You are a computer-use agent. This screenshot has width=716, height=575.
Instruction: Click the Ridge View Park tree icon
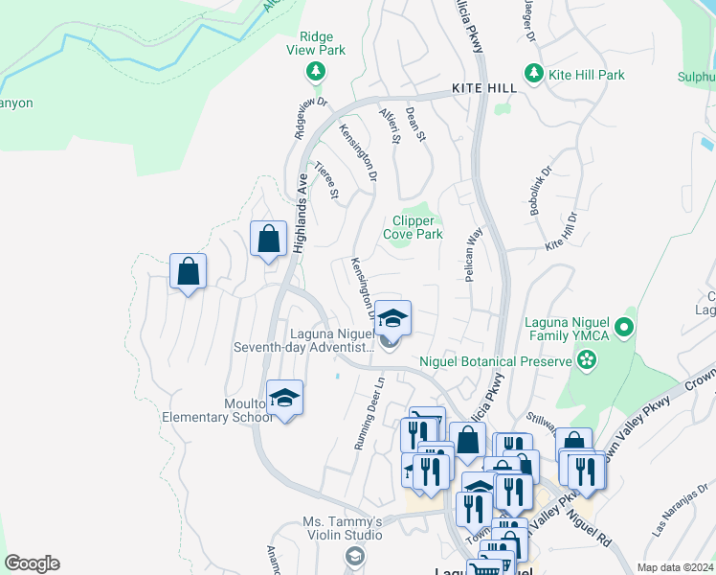pos(315,71)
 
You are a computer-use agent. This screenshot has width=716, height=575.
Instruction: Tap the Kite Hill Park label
pos(585,74)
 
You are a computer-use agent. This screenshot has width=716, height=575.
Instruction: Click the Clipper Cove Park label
pos(413,227)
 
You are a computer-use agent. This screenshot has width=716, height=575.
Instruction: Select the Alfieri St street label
pos(390,126)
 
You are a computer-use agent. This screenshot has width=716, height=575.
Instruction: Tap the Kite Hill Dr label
pos(562,233)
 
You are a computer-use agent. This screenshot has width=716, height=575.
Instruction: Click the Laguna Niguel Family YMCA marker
pos(624,329)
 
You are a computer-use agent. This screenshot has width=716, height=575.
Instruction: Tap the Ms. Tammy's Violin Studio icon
pos(354,556)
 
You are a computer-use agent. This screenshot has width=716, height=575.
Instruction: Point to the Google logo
pos(32,563)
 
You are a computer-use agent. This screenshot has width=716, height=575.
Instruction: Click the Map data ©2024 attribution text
pos(675,567)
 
